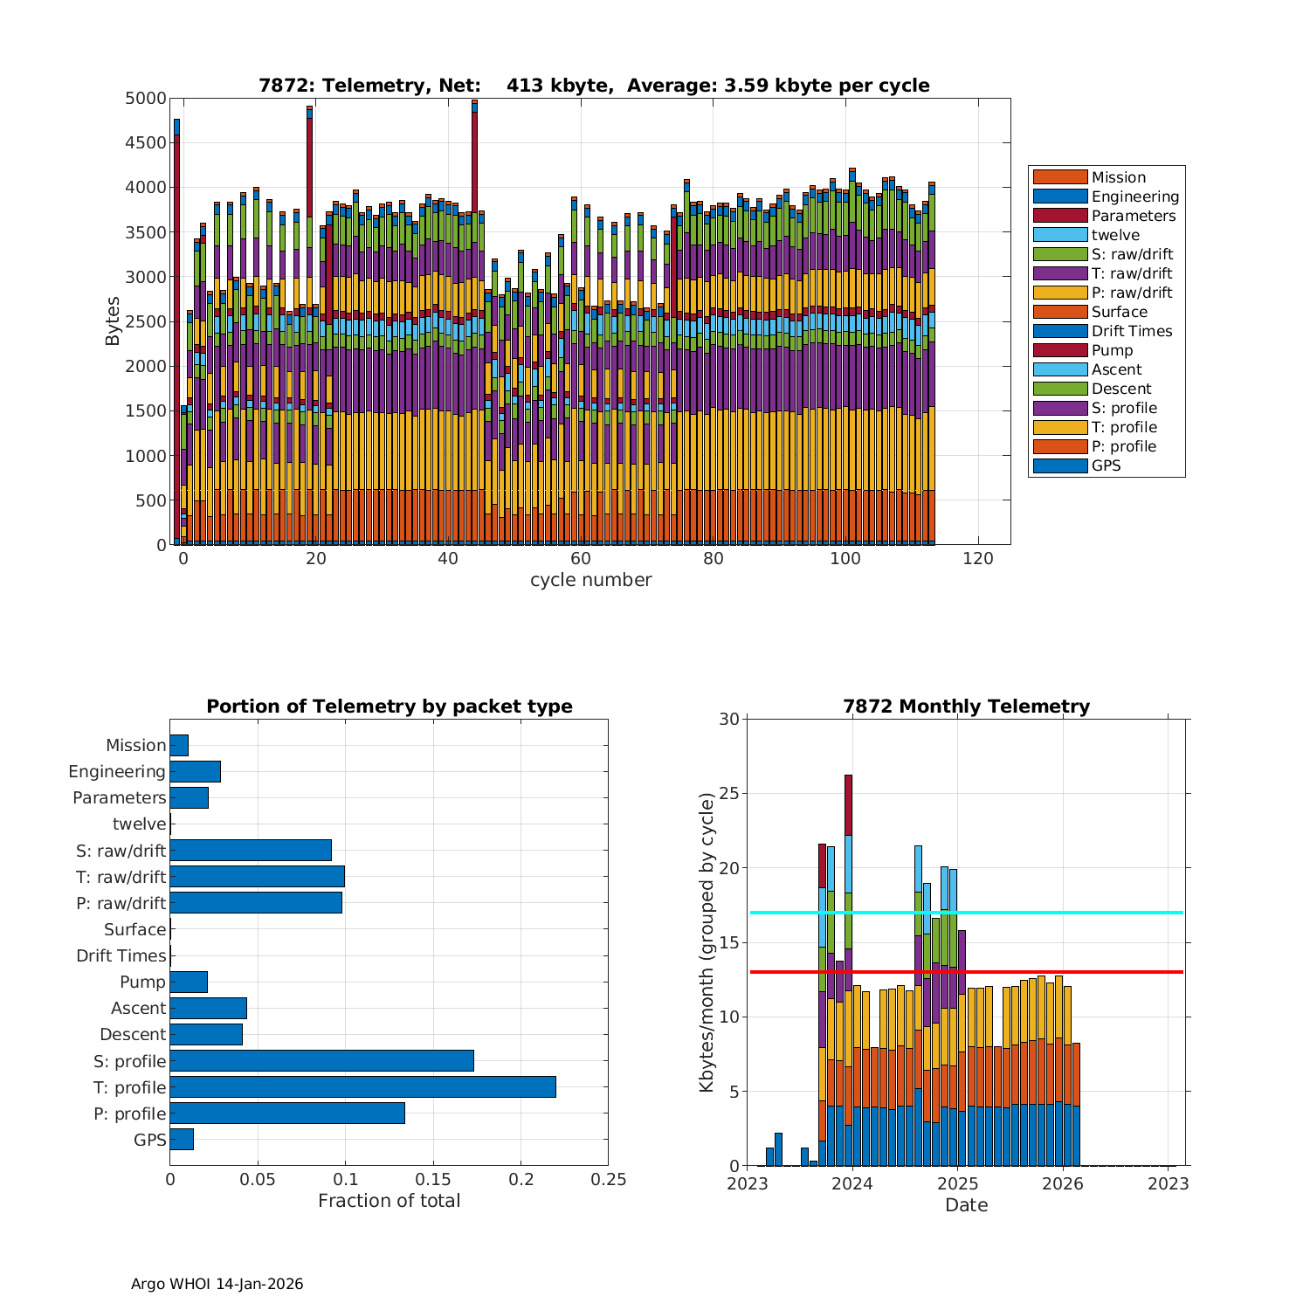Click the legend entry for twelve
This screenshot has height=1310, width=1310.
click(x=1115, y=235)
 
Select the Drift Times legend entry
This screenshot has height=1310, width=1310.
click(x=1131, y=331)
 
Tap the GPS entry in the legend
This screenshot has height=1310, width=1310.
click(x=1106, y=465)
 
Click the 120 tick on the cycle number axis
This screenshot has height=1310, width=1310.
click(x=978, y=559)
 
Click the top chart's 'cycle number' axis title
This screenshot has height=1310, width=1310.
click(x=590, y=580)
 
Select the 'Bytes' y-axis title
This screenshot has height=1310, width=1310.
click(x=114, y=321)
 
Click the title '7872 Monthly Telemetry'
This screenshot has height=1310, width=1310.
click(x=966, y=707)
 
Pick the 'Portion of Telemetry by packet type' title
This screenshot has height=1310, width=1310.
click(x=389, y=707)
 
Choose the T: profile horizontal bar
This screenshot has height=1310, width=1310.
click(x=362, y=1087)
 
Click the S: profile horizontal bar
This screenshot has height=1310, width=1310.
click(x=321, y=1061)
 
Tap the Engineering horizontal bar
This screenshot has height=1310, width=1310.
click(x=195, y=771)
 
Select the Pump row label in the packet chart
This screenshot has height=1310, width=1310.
click(x=142, y=982)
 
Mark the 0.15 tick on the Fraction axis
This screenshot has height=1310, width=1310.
click(x=433, y=1180)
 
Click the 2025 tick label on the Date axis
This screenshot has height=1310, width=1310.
click(x=957, y=1183)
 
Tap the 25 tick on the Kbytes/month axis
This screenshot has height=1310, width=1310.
click(x=728, y=794)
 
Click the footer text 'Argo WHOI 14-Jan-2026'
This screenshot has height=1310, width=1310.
click(x=217, y=1284)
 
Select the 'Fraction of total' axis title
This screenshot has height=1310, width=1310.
click(x=389, y=1201)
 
